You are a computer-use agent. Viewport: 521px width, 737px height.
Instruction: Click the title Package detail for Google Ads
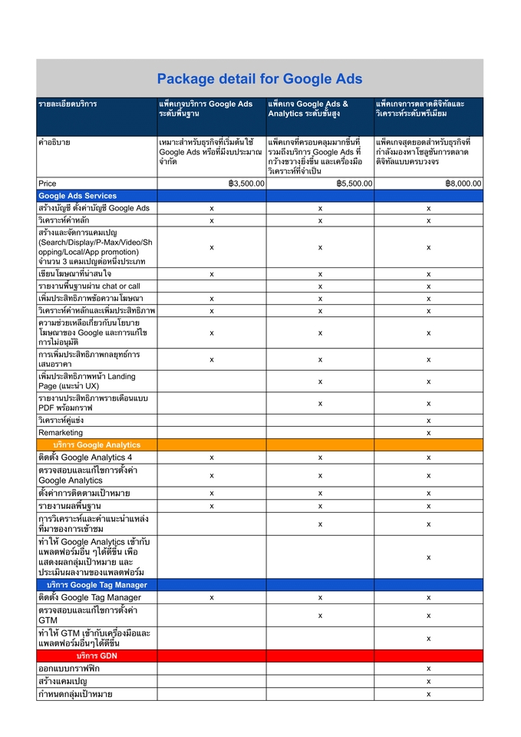[259, 79]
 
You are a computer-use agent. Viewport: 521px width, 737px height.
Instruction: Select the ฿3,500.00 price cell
[246, 183]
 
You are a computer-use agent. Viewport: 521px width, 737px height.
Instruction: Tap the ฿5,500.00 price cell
[354, 183]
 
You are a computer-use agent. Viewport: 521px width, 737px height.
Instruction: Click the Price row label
[48, 183]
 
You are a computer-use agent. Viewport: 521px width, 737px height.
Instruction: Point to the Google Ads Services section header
[77, 196]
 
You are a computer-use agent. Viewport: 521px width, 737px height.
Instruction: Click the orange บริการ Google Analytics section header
[97, 445]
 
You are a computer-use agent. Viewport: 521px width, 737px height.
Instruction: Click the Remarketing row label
[61, 433]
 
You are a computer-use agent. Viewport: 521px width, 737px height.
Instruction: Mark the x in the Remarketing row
[428, 433]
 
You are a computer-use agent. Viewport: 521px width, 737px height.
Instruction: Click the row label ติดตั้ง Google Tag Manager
[89, 597]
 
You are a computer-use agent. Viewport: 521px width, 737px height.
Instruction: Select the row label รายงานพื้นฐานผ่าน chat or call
[89, 286]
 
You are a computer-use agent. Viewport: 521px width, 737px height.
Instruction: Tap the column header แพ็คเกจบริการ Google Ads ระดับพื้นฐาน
[206, 108]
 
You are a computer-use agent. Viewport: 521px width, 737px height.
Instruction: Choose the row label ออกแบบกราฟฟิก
[69, 669]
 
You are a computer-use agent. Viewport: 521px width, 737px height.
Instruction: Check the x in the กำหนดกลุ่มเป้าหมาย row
[428, 694]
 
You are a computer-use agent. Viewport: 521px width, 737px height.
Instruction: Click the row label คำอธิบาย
[54, 142]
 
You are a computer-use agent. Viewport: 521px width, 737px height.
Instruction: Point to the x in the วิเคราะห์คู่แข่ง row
[428, 421]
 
